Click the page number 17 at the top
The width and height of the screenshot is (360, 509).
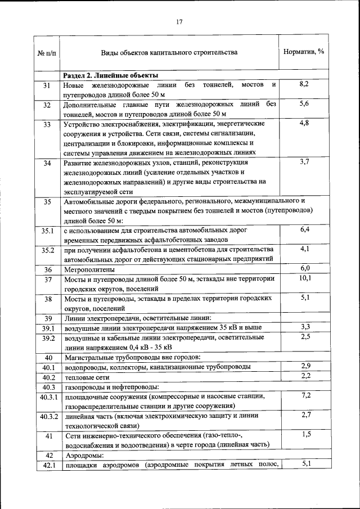(x=179, y=22)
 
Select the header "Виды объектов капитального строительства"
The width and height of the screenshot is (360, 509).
(x=169, y=52)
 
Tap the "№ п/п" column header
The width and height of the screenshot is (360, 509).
(x=47, y=53)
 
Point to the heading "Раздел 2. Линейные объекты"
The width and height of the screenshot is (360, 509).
(x=110, y=75)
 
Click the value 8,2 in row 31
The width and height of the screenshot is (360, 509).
(x=304, y=84)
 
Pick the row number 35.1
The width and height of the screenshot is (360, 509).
(x=47, y=231)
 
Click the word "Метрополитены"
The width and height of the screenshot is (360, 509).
(x=89, y=269)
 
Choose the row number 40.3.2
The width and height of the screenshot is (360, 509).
(x=47, y=417)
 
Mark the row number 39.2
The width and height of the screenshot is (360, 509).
(x=47, y=338)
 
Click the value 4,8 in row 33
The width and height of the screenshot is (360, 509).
(x=304, y=123)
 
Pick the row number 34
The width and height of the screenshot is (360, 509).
(x=47, y=163)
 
